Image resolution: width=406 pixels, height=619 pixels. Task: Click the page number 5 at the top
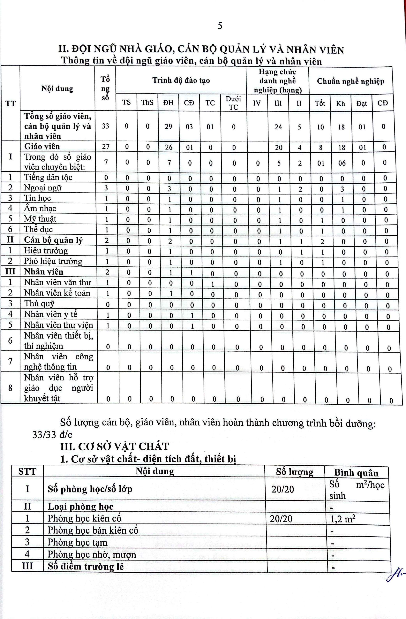(x=220, y=26)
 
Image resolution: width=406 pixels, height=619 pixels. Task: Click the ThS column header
(x=147, y=103)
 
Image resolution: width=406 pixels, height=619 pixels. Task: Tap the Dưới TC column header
(x=233, y=103)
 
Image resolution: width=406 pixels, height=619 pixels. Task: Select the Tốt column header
(x=320, y=103)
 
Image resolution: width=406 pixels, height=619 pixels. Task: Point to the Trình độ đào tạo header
(x=181, y=80)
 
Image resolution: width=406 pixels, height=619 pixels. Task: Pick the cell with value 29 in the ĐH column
(x=169, y=127)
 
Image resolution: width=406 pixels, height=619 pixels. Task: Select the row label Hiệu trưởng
(x=46, y=251)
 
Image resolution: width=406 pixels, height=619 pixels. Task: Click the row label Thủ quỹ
(x=39, y=303)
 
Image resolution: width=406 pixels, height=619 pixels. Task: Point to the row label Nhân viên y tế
(x=51, y=314)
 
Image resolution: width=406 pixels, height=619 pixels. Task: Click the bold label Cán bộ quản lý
(x=53, y=240)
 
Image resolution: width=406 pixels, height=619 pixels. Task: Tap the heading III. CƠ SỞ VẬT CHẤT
(x=114, y=447)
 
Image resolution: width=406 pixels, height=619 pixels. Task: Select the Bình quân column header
(x=356, y=473)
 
